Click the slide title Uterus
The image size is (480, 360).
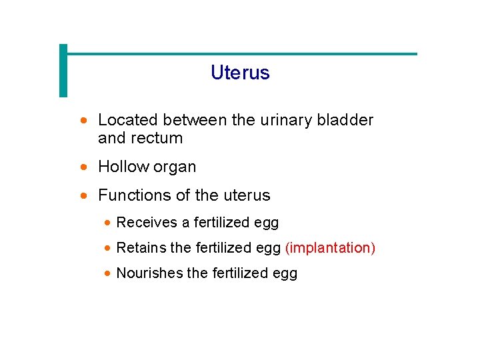coord(240,73)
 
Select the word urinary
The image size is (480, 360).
coord(281,120)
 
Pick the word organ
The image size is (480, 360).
coord(175,167)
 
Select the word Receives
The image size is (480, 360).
coord(147,223)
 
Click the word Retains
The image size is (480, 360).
coord(141,248)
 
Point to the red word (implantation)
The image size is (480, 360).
coord(330,248)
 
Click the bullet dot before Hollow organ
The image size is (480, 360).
coord(83,167)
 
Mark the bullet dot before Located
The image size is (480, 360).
coord(83,121)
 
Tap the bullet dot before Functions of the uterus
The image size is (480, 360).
coord(83,196)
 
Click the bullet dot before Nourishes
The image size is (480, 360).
coord(108,273)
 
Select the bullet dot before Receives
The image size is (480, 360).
coord(108,223)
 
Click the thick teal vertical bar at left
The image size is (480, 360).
coord(63,71)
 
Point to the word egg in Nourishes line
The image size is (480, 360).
coord(285,274)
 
